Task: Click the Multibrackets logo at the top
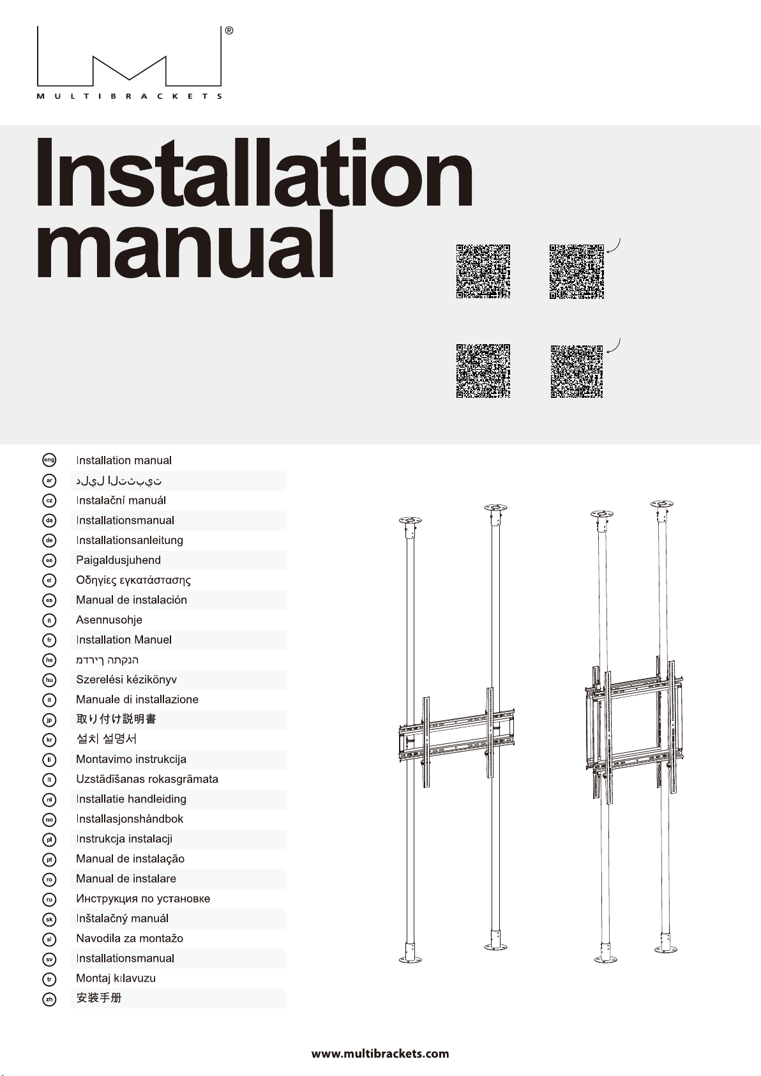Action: (129, 63)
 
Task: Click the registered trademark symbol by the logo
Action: (229, 31)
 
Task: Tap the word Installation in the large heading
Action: (255, 174)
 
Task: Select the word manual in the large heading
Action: (185, 245)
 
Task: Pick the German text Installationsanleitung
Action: (130, 540)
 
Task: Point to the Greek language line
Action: (133, 580)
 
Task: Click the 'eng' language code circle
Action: (49, 460)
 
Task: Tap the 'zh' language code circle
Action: (49, 999)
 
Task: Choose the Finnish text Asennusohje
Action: (109, 620)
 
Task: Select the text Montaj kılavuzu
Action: (116, 978)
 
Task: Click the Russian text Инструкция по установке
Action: (143, 898)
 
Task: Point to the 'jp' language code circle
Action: (49, 720)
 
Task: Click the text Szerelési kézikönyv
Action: (126, 679)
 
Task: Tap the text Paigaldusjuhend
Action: (118, 560)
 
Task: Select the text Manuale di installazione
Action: (137, 699)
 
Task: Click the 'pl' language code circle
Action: (49, 839)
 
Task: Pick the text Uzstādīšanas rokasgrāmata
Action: (147, 779)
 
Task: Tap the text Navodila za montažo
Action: (130, 939)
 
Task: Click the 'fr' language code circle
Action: (49, 640)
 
